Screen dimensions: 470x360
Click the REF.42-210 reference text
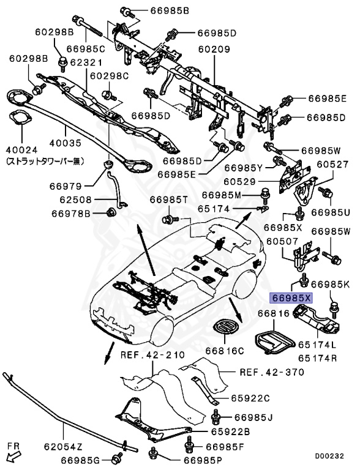coord(149,355)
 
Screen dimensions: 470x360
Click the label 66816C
coord(224,351)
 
